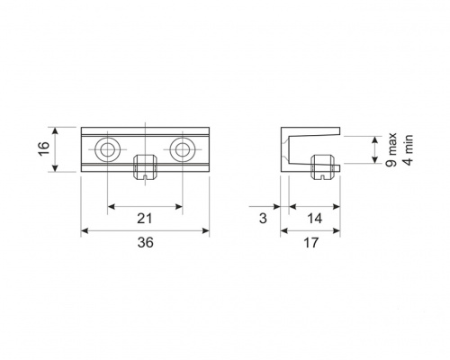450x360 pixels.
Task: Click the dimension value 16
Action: [44, 148]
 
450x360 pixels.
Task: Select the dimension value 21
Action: [145, 219]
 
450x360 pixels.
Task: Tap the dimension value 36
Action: [145, 242]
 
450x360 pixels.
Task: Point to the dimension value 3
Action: [263, 219]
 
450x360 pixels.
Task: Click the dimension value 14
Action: [314, 219]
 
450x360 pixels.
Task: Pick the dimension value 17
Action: [310, 242]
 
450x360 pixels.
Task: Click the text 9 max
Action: [391, 149]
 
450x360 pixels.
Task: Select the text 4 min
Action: [409, 149]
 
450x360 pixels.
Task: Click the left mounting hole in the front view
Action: [108, 149]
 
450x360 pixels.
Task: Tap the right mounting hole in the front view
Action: [183, 149]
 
